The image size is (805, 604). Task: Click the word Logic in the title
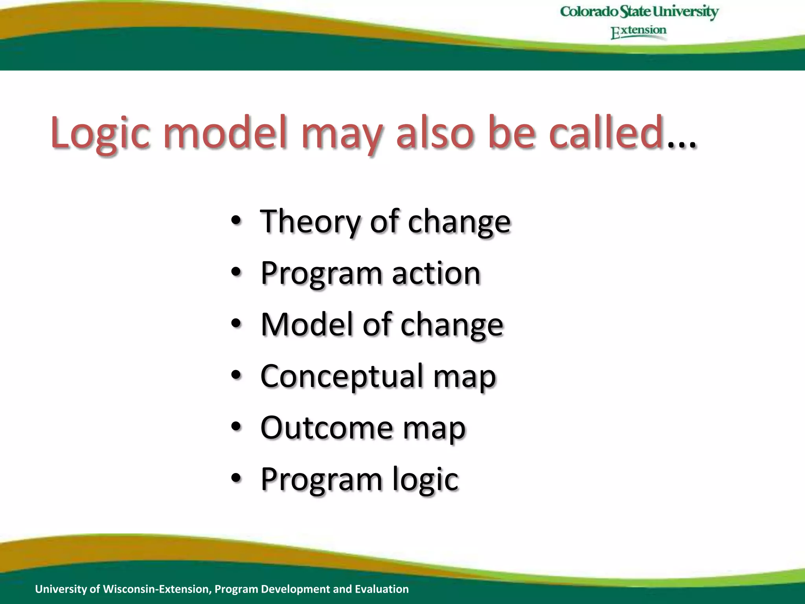100,134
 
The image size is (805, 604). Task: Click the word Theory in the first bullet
310,222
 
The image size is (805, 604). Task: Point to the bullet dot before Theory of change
236,221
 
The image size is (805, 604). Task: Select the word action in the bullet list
436,273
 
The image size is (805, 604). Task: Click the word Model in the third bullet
307,324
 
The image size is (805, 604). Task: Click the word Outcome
327,427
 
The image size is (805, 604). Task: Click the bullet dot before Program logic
236,479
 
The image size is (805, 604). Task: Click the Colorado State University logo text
639,12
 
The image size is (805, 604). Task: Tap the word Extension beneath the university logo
639,31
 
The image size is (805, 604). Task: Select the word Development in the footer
296,589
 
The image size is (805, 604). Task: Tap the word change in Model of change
452,326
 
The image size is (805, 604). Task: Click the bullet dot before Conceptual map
236,375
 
